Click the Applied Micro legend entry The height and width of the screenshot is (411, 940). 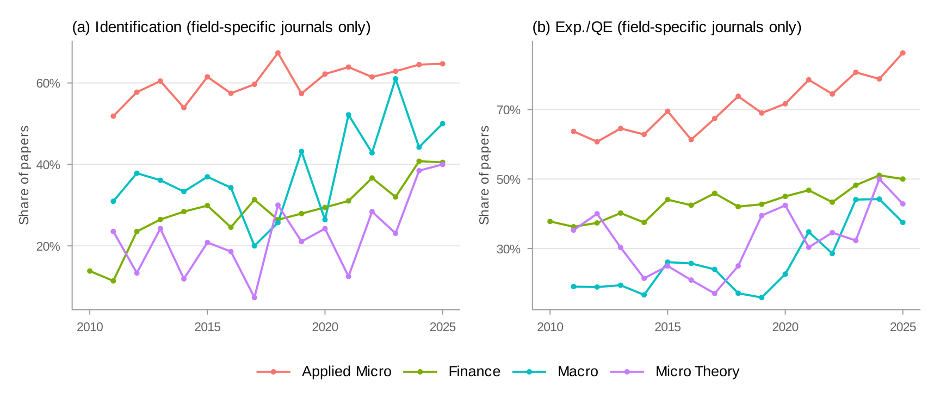pyautogui.click(x=346, y=371)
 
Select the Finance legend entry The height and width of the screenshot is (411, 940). pyautogui.click(x=474, y=371)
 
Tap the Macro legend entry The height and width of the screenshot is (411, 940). pyautogui.click(x=577, y=371)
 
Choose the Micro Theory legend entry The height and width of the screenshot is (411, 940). pyautogui.click(x=697, y=371)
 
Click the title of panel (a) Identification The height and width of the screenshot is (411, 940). pyautogui.click(x=221, y=27)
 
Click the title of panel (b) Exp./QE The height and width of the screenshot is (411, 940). pyautogui.click(x=666, y=27)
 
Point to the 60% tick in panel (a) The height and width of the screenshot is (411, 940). pyautogui.click(x=48, y=83)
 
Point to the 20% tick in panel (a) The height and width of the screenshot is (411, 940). pyautogui.click(x=48, y=246)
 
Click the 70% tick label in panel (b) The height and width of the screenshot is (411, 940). pyautogui.click(x=508, y=110)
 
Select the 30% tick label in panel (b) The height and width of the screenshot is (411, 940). pyautogui.click(x=508, y=249)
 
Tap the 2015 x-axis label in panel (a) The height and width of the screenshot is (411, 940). pyautogui.click(x=207, y=327)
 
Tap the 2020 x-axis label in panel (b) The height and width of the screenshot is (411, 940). pyautogui.click(x=785, y=327)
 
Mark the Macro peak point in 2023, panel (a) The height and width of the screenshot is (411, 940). pyautogui.click(x=395, y=79)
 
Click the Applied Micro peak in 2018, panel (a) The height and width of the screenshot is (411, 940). pyautogui.click(x=278, y=53)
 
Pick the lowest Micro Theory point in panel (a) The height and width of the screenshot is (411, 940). pyautogui.click(x=254, y=297)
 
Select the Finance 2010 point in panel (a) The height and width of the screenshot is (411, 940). pyautogui.click(x=90, y=271)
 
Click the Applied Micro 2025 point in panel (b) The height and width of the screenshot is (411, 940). pyautogui.click(x=902, y=53)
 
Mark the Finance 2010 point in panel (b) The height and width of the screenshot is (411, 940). pyautogui.click(x=550, y=221)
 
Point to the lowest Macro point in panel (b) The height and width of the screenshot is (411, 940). pyautogui.click(x=762, y=297)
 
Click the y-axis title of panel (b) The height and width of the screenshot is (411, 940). pyautogui.click(x=484, y=175)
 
